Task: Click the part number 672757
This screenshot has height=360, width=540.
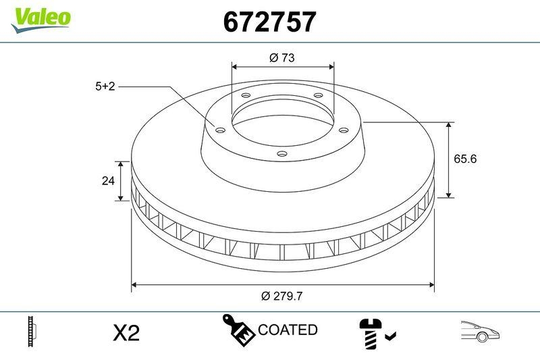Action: [x=269, y=22]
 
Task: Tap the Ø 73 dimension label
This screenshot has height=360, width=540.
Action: [x=282, y=58]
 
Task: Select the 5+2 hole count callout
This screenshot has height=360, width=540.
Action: [x=105, y=86]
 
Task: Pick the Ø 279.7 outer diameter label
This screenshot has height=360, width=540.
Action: [x=282, y=295]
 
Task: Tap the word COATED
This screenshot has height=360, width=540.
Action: [x=288, y=330]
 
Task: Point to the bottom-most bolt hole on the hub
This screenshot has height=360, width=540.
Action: [x=282, y=154]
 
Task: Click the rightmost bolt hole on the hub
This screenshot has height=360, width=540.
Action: [x=343, y=129]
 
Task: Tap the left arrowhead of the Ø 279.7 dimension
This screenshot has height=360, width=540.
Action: [x=134, y=284]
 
